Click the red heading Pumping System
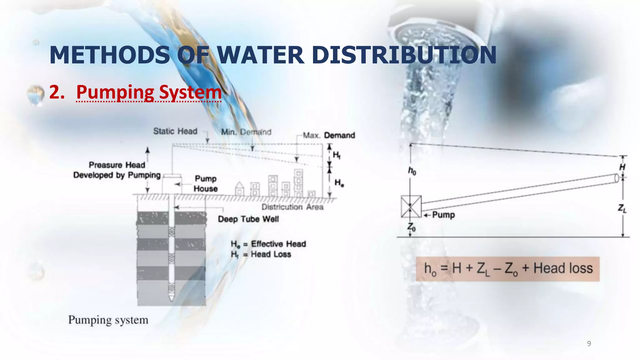(x=149, y=92)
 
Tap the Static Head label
(x=175, y=131)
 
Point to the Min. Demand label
(x=246, y=132)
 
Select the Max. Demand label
(x=329, y=135)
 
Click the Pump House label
(x=205, y=184)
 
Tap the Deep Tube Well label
(x=248, y=219)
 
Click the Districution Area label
(x=292, y=207)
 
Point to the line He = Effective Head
(x=268, y=244)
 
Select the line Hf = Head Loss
(x=261, y=254)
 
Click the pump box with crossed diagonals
(x=411, y=207)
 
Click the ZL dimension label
(x=622, y=208)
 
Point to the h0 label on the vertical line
(x=412, y=171)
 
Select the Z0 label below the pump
(x=411, y=227)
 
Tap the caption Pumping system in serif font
(x=108, y=320)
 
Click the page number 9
(x=589, y=343)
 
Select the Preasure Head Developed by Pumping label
(x=117, y=170)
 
